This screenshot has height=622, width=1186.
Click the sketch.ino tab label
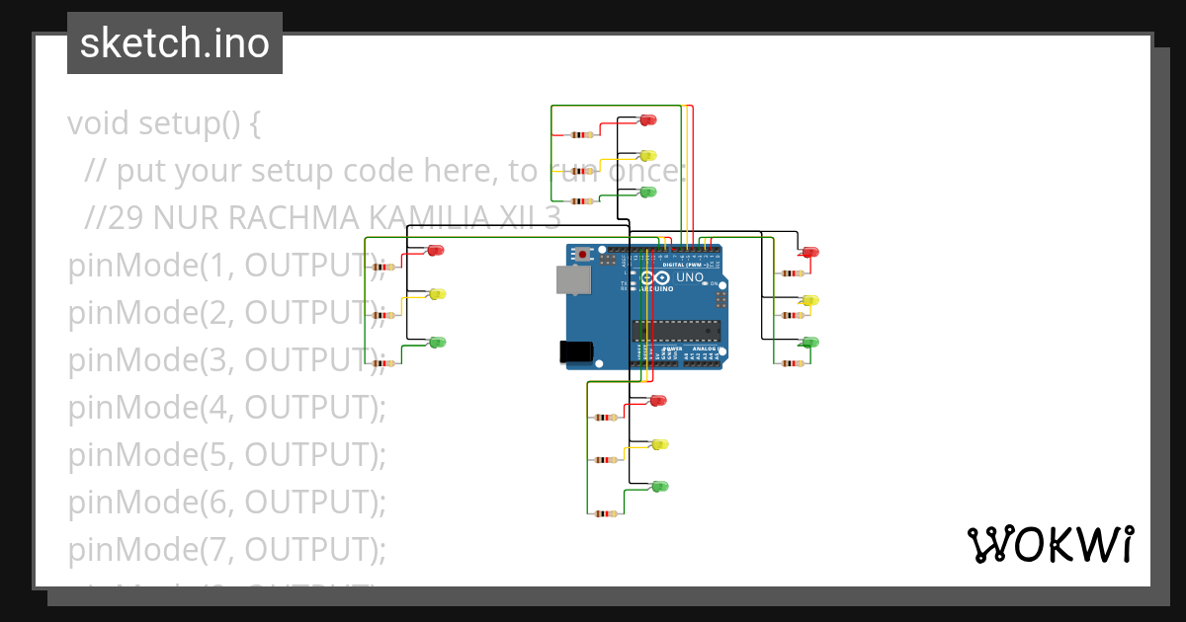[x=175, y=43]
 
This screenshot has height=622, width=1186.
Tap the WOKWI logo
[x=1050, y=545]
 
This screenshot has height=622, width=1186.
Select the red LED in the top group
[x=648, y=119]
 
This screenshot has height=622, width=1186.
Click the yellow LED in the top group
[x=648, y=156]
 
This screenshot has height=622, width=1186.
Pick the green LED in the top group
[x=648, y=192]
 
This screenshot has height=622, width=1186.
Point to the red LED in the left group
[x=436, y=250]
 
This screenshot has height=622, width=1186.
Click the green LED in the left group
[x=437, y=342]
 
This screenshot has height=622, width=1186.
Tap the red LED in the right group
[x=810, y=253]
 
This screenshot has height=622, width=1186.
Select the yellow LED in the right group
[x=810, y=300]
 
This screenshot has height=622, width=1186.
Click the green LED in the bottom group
[x=660, y=486]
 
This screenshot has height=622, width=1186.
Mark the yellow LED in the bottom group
[x=660, y=444]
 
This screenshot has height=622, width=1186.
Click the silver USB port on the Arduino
[x=571, y=280]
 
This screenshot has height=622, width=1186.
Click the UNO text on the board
[x=689, y=277]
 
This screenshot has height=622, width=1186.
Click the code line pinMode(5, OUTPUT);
[x=226, y=454]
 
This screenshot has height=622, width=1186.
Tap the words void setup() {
[x=164, y=124]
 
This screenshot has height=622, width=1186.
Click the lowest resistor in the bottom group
[x=606, y=513]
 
